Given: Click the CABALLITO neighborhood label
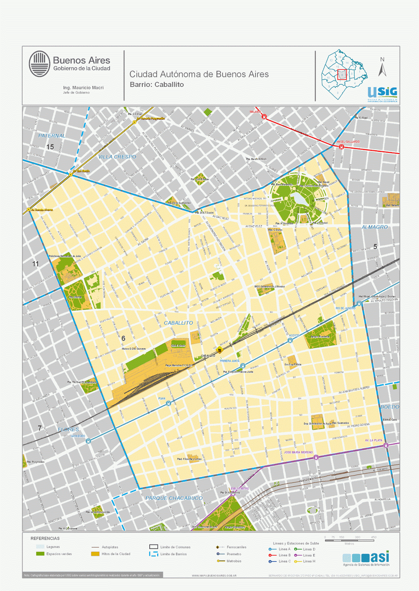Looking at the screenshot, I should point(178,323).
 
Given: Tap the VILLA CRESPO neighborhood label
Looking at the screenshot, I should point(117,157).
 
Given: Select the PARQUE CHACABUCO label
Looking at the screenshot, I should point(174,498).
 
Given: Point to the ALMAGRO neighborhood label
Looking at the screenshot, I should point(375,227).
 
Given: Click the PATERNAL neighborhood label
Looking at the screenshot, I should point(52,136).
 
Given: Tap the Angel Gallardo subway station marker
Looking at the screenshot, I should point(341,147).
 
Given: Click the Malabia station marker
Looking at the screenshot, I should point(264,117).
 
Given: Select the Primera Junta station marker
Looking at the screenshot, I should point(243,366).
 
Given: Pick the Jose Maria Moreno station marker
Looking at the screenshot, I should point(316,457).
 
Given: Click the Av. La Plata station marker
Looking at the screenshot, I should point(386,445).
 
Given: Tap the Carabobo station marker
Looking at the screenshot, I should point(88,441).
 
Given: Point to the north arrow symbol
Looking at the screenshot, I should point(382,68).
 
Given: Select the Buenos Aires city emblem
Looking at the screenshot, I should point(40,64).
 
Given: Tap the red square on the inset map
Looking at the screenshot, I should point(342,74).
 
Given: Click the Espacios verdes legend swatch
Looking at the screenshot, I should point(40,554).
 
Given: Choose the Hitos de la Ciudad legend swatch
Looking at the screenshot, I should point(95,554).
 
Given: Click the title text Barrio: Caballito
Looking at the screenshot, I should point(157,85).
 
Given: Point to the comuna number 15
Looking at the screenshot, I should point(50,147).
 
